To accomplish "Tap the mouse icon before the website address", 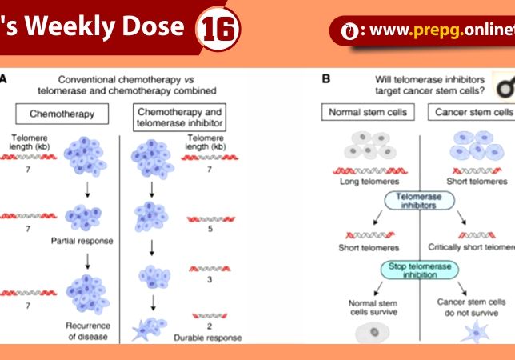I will pos(349,31).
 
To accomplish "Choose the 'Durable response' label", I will pos(207,338).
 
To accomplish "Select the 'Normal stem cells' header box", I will pos(368,112).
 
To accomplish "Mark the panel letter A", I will pos(4,79).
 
